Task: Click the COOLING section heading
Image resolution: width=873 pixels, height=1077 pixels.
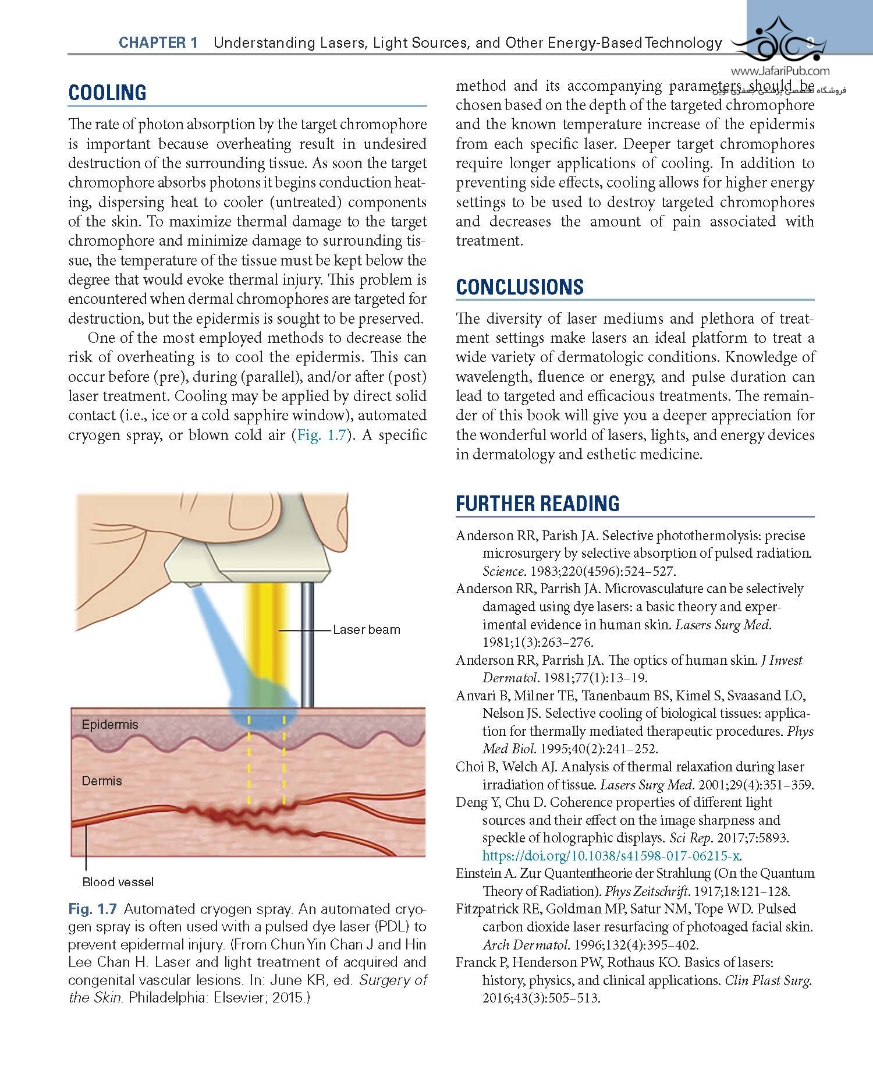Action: tap(107, 93)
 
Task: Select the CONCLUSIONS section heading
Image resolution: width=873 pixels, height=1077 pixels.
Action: tap(519, 287)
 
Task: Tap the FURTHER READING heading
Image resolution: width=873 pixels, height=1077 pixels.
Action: tap(537, 504)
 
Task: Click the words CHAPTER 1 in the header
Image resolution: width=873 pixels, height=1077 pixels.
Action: tap(158, 42)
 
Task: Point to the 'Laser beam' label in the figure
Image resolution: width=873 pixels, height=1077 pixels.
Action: tap(366, 630)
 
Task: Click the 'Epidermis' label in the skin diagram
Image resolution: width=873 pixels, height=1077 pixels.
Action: tap(110, 725)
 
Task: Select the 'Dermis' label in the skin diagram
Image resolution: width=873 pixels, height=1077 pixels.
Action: tap(102, 781)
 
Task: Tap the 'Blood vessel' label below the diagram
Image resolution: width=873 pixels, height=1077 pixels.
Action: tap(118, 882)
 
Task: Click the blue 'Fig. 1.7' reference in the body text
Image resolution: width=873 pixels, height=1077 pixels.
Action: tap(321, 435)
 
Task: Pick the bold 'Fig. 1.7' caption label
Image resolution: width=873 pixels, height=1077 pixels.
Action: tap(93, 909)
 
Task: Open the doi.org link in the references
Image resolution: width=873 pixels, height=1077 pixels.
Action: tap(611, 856)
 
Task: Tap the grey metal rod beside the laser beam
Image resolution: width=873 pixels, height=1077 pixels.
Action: tap(307, 640)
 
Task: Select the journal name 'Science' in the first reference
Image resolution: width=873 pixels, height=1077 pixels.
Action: tap(503, 571)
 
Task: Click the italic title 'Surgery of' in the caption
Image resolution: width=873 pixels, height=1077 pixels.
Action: tap(393, 980)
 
